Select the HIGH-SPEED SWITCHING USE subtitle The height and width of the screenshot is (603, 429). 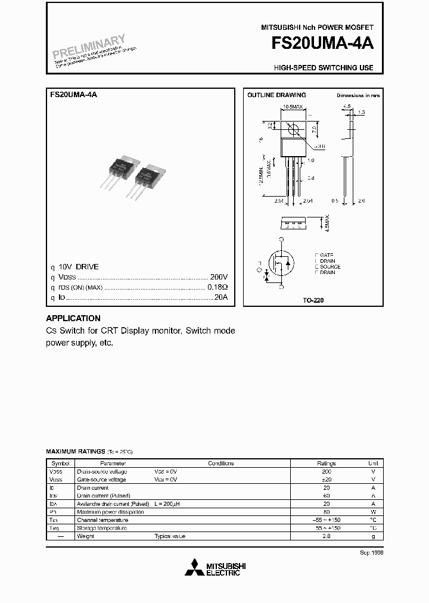tap(324, 68)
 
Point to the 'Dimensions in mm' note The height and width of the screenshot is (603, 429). tap(357, 95)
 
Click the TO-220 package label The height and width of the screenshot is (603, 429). tap(313, 300)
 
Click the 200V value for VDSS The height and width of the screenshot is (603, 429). tap(219, 277)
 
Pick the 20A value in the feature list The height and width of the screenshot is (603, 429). tap(220, 297)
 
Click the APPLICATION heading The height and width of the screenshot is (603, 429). tap(73, 318)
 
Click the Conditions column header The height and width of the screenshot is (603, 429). tap(220, 463)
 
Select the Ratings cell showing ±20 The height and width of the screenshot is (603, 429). tap(327, 479)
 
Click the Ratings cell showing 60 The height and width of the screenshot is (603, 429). tap(327, 495)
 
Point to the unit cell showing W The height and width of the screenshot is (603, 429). tap(373, 512)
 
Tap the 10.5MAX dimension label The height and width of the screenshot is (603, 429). tap(293, 106)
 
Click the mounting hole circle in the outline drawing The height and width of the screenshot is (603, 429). tap(293, 129)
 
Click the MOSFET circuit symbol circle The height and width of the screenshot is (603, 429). tap(281, 263)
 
